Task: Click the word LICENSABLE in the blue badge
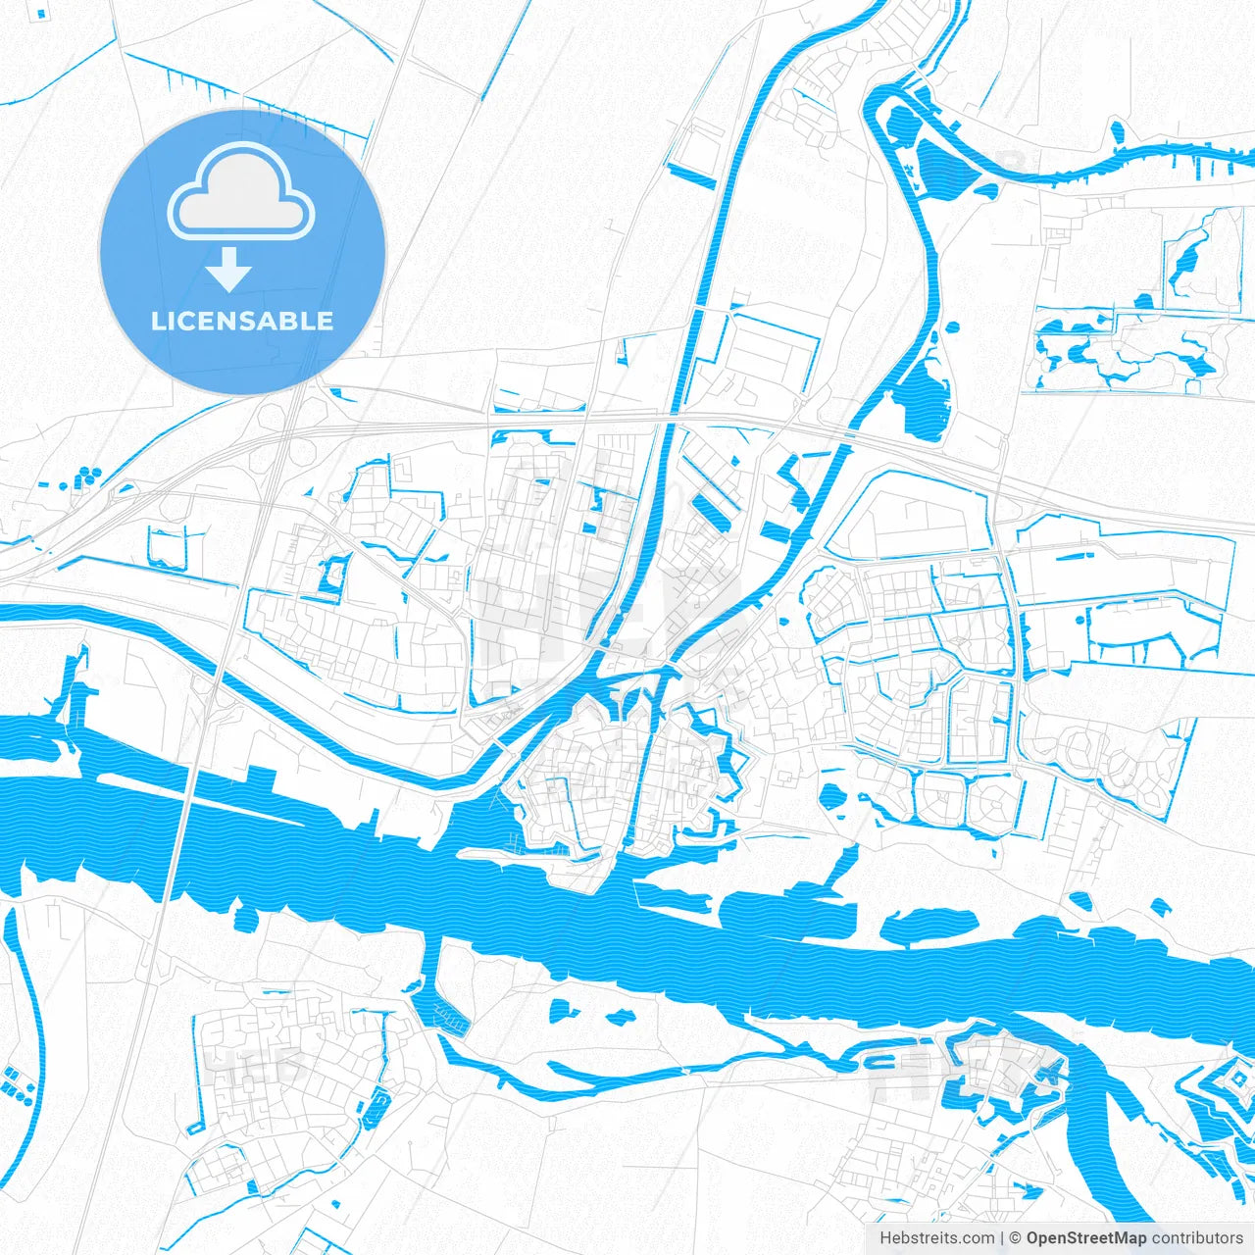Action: (x=242, y=322)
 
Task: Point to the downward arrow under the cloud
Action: (x=229, y=269)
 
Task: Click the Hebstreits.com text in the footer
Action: (x=936, y=1237)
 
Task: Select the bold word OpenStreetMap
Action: (x=1085, y=1237)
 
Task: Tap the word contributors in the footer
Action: (x=1197, y=1237)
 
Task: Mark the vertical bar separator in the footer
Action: (x=1002, y=1237)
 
